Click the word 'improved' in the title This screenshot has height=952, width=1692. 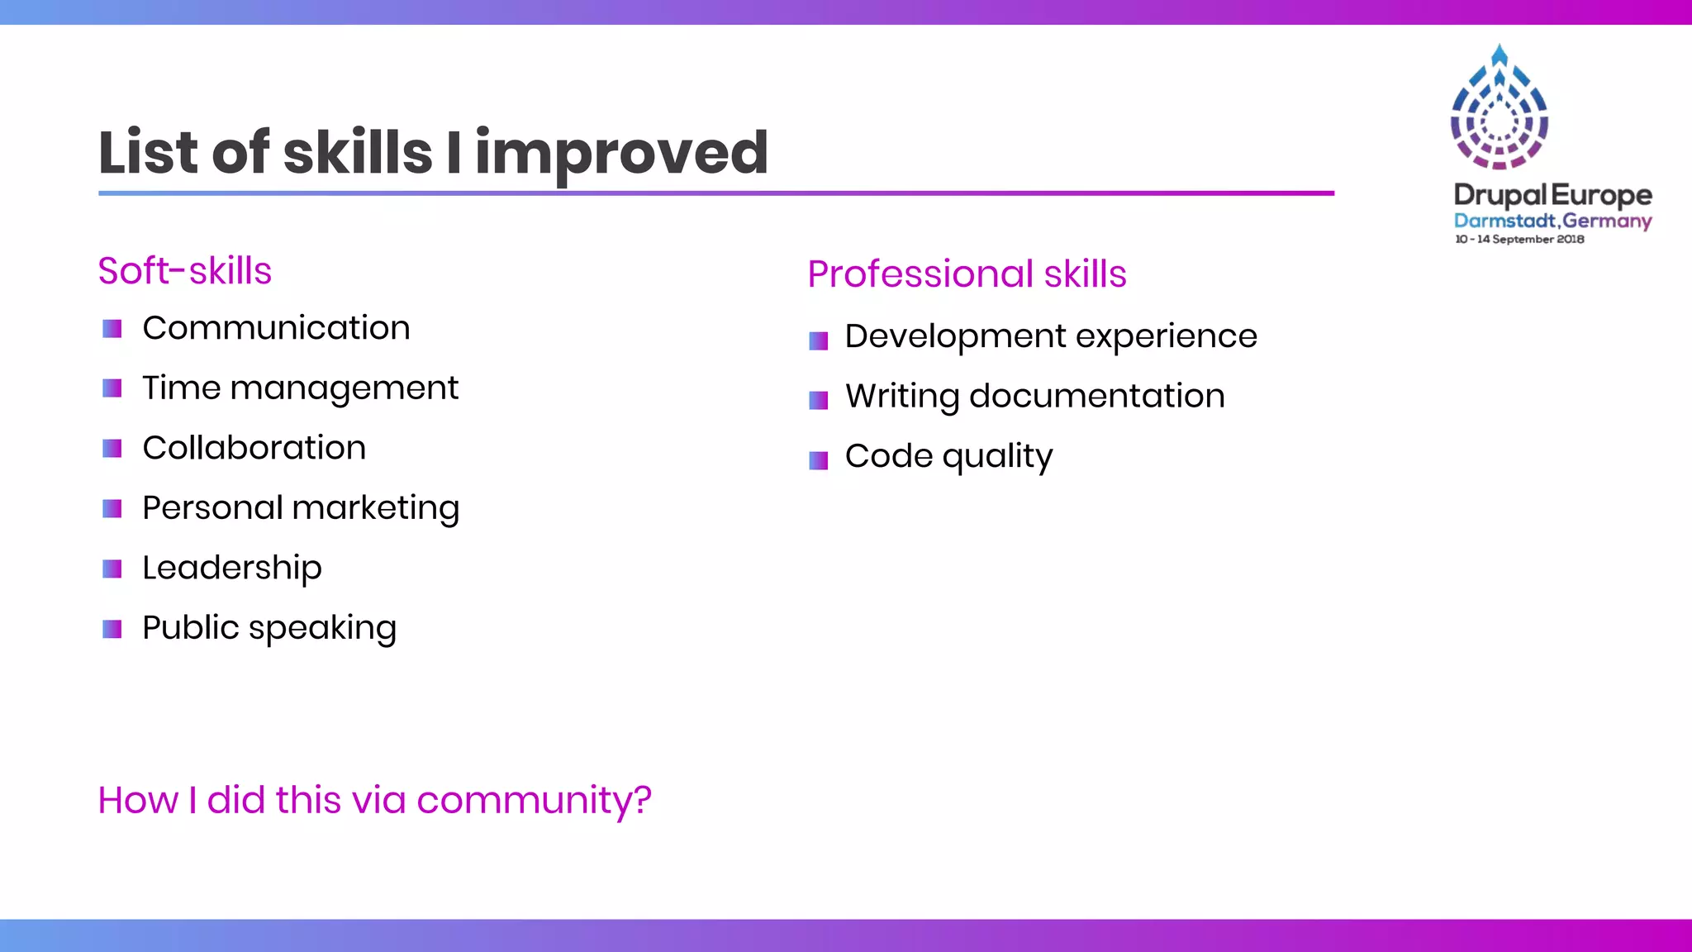[621, 153]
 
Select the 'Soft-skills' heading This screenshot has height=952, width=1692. [184, 271]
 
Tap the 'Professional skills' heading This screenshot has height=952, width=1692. [967, 274]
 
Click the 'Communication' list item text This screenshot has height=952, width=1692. [276, 328]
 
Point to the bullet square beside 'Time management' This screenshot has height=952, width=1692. [112, 388]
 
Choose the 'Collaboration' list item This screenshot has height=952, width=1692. [254, 448]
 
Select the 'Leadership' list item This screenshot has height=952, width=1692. [231, 568]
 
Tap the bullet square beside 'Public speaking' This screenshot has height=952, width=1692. [112, 630]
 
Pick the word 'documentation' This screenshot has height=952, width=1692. [1096, 396]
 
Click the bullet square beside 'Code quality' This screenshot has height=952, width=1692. [818, 460]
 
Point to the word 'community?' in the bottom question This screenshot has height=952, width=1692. [534, 800]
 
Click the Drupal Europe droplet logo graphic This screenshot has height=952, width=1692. [1499, 107]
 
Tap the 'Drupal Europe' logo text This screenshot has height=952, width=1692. [1552, 195]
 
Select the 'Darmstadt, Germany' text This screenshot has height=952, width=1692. [1552, 221]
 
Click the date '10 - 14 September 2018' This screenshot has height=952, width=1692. [1519, 239]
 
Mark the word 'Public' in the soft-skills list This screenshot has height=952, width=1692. [191, 628]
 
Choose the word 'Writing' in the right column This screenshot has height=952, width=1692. [901, 396]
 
